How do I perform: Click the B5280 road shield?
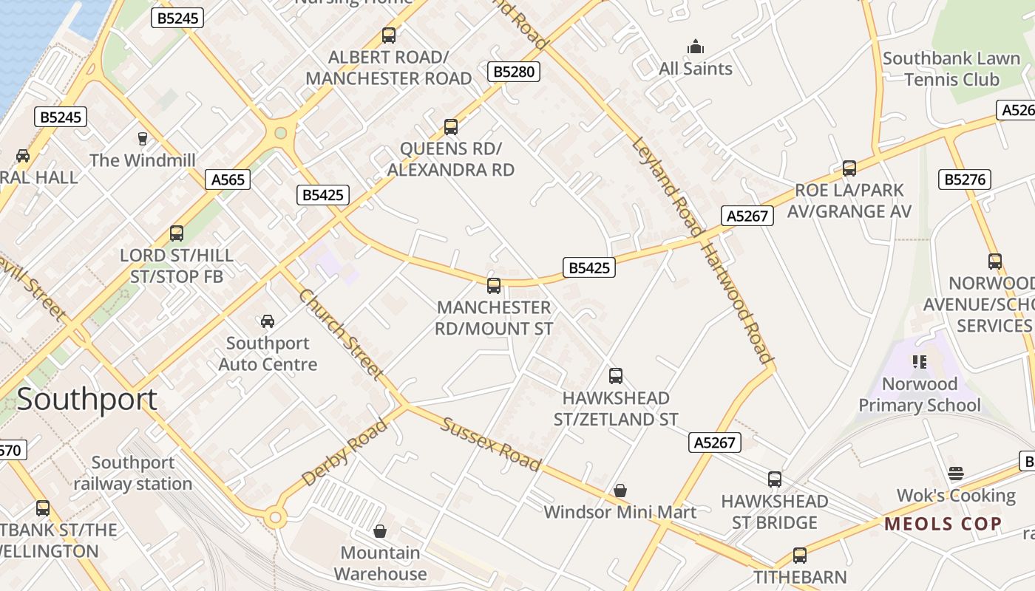[x=514, y=72]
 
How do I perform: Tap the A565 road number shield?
[x=228, y=180]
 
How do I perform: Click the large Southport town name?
[x=86, y=400]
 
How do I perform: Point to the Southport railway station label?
[x=133, y=474]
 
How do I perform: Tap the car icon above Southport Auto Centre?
[x=268, y=321]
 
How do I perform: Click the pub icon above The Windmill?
[x=143, y=138]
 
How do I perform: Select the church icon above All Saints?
[x=696, y=47]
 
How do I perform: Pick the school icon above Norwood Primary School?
[x=920, y=362]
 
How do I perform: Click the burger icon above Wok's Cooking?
[x=956, y=474]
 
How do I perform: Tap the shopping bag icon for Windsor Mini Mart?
[x=620, y=491]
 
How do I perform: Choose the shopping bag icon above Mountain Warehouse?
[x=380, y=531]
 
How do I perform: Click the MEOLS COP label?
[x=943, y=525]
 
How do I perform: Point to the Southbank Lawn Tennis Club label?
[x=951, y=69]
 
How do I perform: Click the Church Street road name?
[x=341, y=334]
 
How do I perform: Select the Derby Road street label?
[x=345, y=452]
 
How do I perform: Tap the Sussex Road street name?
[x=491, y=443]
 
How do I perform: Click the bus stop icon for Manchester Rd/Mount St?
[x=494, y=286]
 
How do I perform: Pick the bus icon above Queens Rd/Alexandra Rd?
[x=451, y=127]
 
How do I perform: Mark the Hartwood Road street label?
[x=736, y=304]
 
